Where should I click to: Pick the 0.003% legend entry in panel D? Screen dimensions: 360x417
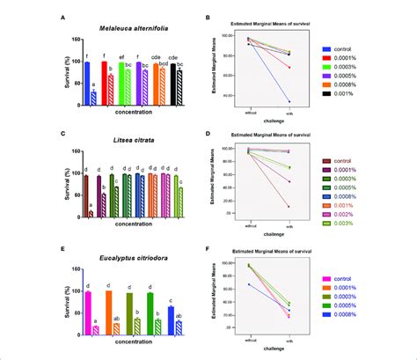pos(357,224)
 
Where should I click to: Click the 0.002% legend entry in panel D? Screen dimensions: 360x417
pos(357,212)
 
